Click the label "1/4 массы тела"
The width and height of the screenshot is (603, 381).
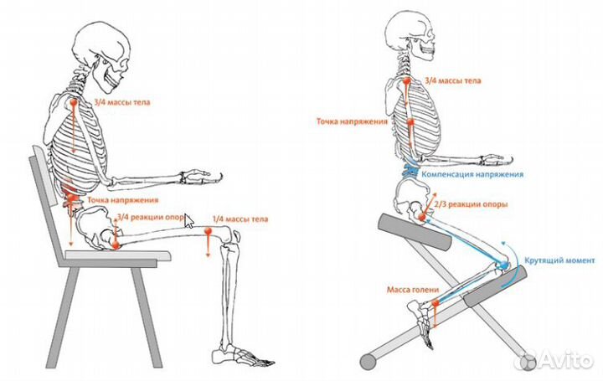(x=240, y=219)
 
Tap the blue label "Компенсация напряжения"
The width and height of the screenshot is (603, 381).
(x=472, y=174)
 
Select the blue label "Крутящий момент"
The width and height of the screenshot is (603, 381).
(x=559, y=260)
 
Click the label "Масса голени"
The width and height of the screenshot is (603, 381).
(x=413, y=290)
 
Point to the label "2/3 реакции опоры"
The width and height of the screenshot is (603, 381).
(x=471, y=204)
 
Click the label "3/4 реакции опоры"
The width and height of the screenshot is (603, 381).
(x=152, y=217)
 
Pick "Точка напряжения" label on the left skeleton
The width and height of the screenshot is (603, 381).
(x=123, y=200)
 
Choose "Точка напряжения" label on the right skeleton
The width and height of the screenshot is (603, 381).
(x=352, y=121)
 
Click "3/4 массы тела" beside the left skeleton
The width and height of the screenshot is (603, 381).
(x=122, y=103)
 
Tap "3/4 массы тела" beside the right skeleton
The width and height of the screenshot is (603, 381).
(x=453, y=81)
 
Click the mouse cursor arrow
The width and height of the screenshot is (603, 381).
(x=188, y=221)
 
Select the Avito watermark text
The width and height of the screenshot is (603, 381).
(x=566, y=360)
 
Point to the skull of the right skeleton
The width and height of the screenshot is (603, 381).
(x=410, y=38)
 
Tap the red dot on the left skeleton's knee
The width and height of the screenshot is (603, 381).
(x=208, y=231)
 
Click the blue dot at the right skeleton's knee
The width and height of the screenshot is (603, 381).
(x=503, y=265)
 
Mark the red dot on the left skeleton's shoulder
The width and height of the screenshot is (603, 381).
(x=74, y=103)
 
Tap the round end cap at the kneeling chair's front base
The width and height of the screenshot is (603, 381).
(x=368, y=362)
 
